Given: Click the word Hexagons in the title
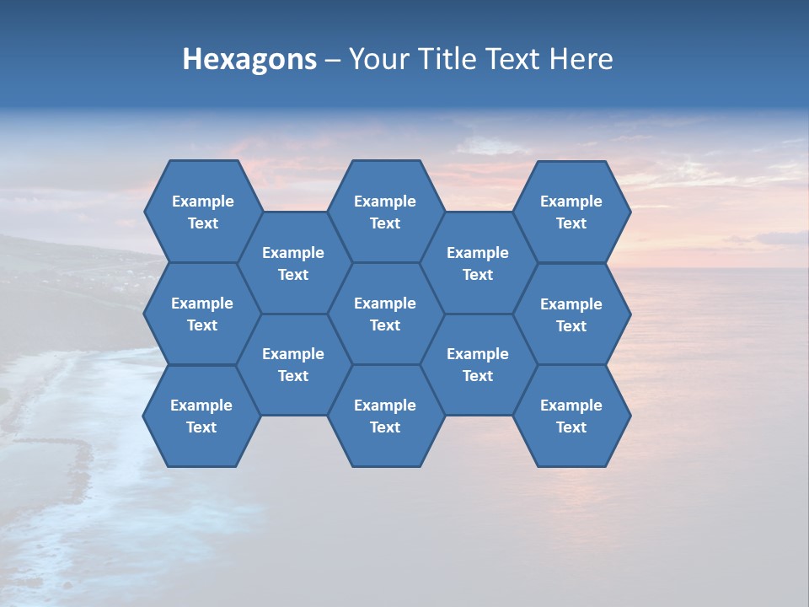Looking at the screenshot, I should tap(249, 59).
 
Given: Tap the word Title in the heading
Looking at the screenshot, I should tap(448, 59).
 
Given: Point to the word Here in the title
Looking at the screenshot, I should tap(581, 59).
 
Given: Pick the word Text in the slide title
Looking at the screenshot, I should tap(514, 59).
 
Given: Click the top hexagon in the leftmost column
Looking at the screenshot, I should tap(202, 212).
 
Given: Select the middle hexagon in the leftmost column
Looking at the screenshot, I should tap(202, 314).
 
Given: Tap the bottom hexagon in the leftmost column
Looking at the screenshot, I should tap(201, 416).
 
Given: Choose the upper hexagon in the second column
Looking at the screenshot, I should tap(293, 263).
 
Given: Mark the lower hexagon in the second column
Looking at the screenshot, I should tap(293, 364).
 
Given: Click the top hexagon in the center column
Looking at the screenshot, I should tap(385, 212).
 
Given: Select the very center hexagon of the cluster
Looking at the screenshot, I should tap(385, 314).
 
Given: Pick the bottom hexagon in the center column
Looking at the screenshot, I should tap(385, 416).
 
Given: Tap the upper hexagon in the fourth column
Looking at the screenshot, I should tap(478, 263).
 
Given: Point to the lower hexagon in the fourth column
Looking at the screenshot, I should tap(478, 364).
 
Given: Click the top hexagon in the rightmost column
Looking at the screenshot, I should tap(571, 212).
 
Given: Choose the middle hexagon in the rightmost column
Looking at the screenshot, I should tap(571, 314).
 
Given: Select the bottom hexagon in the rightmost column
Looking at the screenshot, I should tap(571, 416).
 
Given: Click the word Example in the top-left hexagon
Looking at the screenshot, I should tap(202, 201).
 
